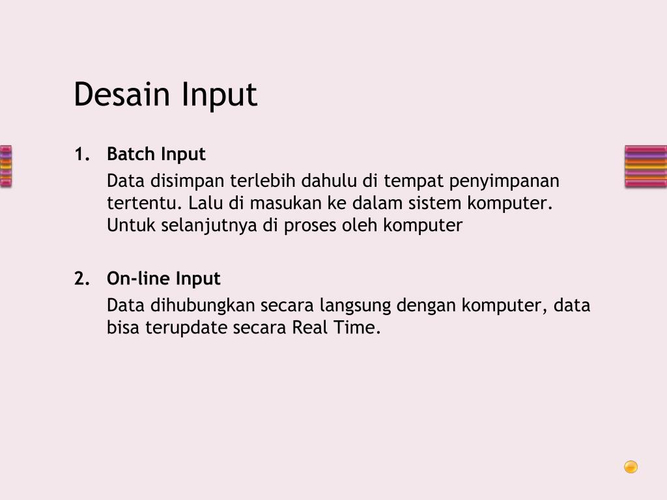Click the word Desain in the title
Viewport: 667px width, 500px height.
click(x=123, y=94)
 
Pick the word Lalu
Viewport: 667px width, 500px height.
click(x=206, y=202)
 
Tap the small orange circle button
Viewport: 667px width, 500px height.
click(x=631, y=467)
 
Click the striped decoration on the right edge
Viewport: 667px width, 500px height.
click(x=646, y=166)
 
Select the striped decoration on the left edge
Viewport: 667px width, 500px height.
click(x=6, y=166)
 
